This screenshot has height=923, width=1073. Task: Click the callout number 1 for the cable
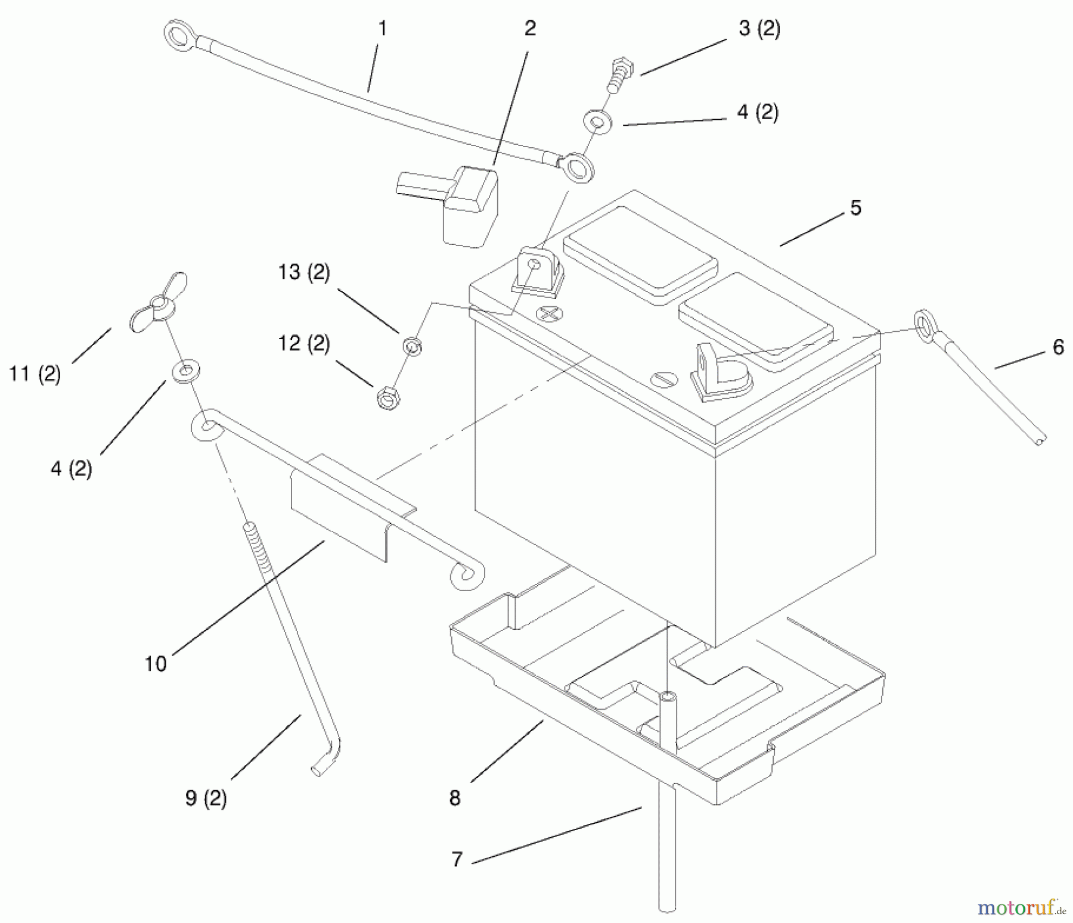click(x=383, y=29)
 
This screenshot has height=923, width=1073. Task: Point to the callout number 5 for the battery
click(x=855, y=208)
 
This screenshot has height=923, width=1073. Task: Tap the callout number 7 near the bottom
click(x=457, y=859)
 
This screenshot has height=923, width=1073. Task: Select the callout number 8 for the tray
click(x=455, y=798)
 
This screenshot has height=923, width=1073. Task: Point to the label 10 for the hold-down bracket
click(x=156, y=663)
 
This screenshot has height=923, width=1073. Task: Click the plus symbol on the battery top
click(x=548, y=313)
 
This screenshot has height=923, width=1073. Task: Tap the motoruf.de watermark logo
click(x=1021, y=908)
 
